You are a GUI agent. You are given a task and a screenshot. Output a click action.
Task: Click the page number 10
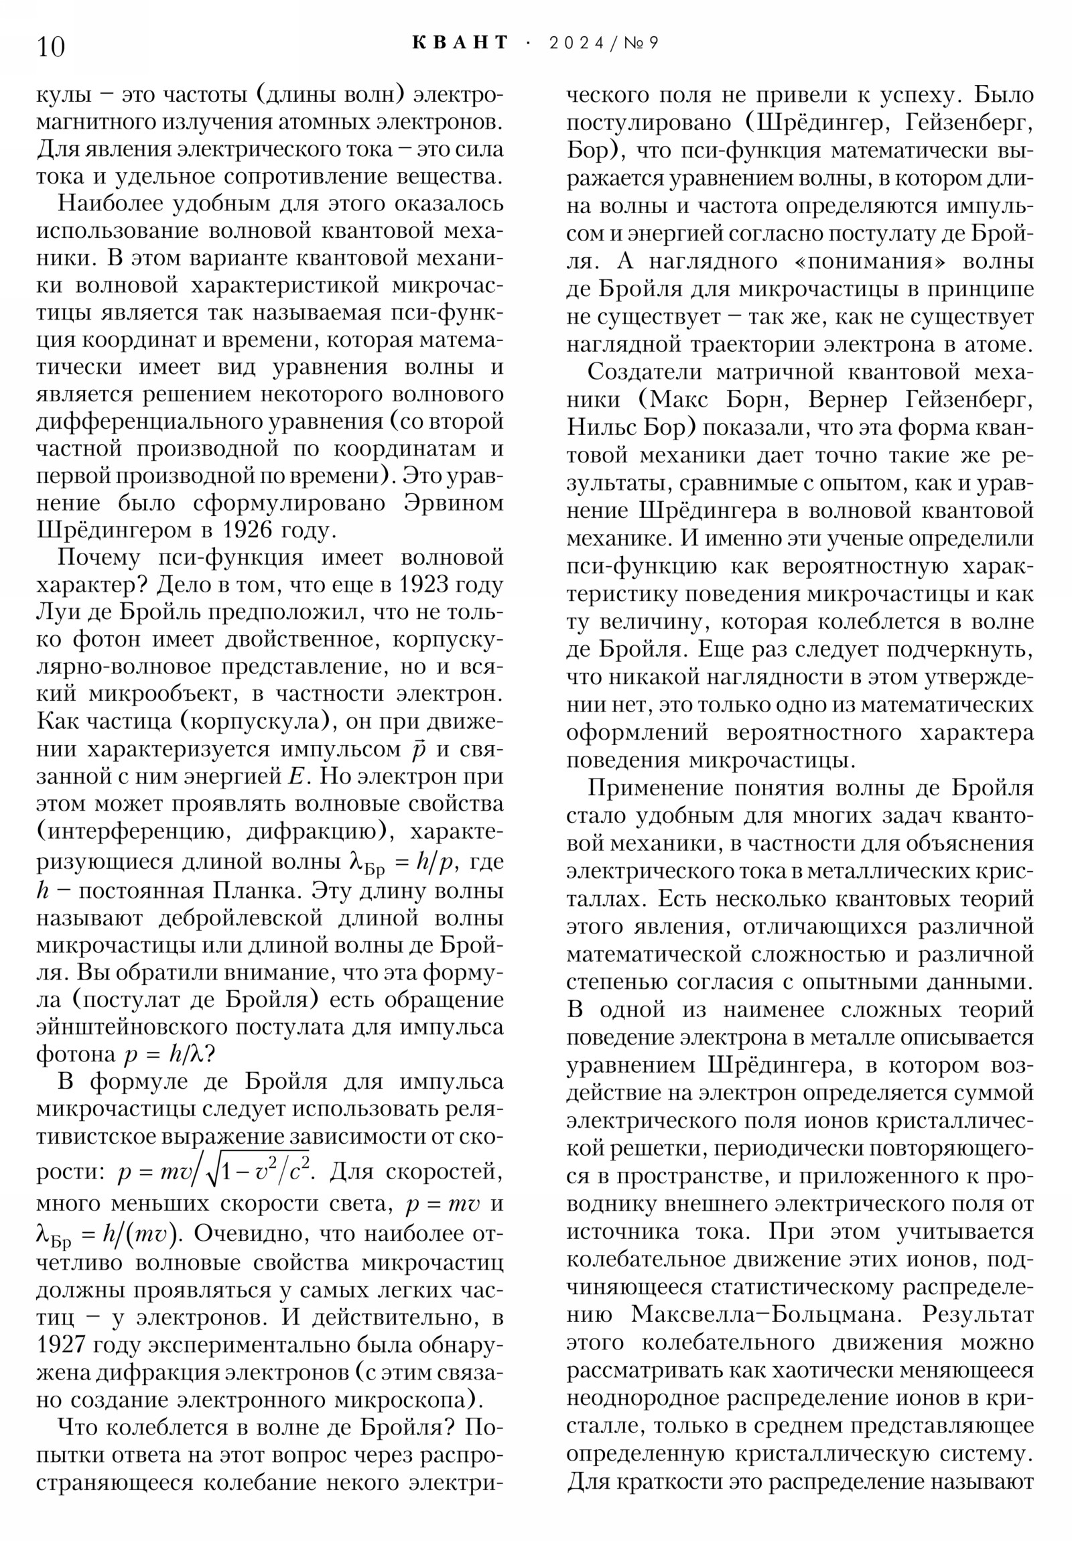tap(51, 47)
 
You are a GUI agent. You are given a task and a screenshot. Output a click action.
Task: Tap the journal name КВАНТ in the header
tap(460, 43)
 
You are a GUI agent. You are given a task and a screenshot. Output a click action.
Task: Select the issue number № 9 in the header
tap(643, 43)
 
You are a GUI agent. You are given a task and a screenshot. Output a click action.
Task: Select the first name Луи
tap(56, 613)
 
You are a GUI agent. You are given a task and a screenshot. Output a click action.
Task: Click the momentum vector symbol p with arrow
tap(419, 748)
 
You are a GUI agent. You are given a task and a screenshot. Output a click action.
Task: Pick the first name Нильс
tap(603, 427)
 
